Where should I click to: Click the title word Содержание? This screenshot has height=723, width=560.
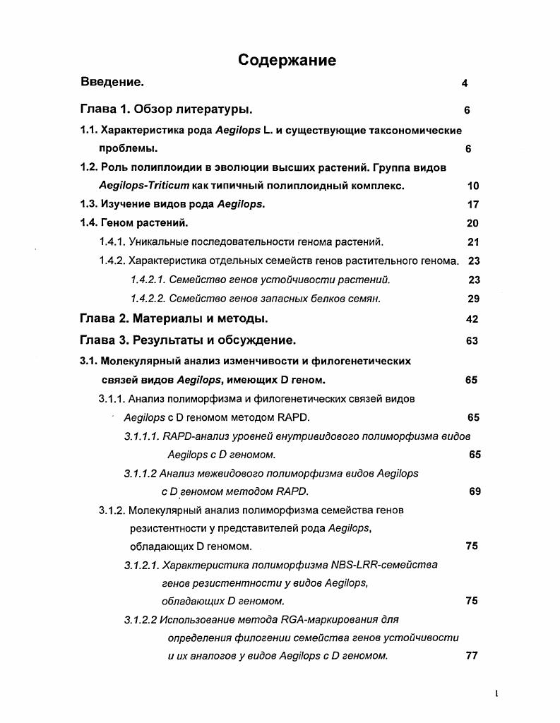tap(287, 60)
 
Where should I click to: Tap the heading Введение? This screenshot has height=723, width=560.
tap(112, 83)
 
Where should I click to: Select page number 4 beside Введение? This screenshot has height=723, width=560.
tap(465, 83)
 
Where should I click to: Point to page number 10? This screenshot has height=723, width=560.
tap(472, 186)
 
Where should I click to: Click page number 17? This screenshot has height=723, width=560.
tap(472, 205)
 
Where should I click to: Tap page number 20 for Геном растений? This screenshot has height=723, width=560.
tap(472, 224)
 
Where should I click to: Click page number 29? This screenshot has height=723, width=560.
tap(473, 299)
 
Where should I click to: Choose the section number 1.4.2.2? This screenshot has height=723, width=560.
tap(148, 299)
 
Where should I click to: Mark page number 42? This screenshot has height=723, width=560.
tap(472, 319)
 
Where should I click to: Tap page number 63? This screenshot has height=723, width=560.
tap(472, 341)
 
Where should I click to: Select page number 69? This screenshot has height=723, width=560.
tap(475, 491)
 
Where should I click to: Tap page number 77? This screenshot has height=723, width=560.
tap(472, 655)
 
